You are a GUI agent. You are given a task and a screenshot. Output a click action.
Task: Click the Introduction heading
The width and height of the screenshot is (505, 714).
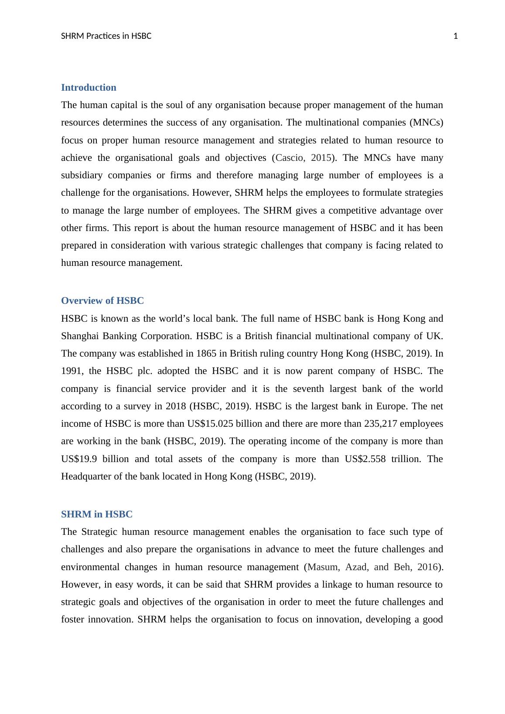[x=89, y=88]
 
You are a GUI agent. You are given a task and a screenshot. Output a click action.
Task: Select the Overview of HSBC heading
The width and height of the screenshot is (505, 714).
[x=102, y=301]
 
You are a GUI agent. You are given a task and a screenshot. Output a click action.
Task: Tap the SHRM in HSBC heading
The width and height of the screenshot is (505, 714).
[x=96, y=514]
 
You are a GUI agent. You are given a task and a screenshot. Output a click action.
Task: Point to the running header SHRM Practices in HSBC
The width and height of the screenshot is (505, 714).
[x=106, y=36]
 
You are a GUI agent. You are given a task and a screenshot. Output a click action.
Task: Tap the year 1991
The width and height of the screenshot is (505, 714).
[x=70, y=371]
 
